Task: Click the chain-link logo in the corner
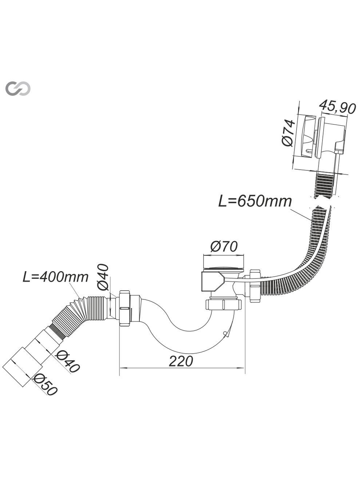pos(18,89)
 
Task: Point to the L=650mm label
pos(255,202)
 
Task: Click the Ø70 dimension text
pos(223,247)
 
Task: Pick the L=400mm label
pos(56,277)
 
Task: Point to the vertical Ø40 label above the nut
pos(103,277)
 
